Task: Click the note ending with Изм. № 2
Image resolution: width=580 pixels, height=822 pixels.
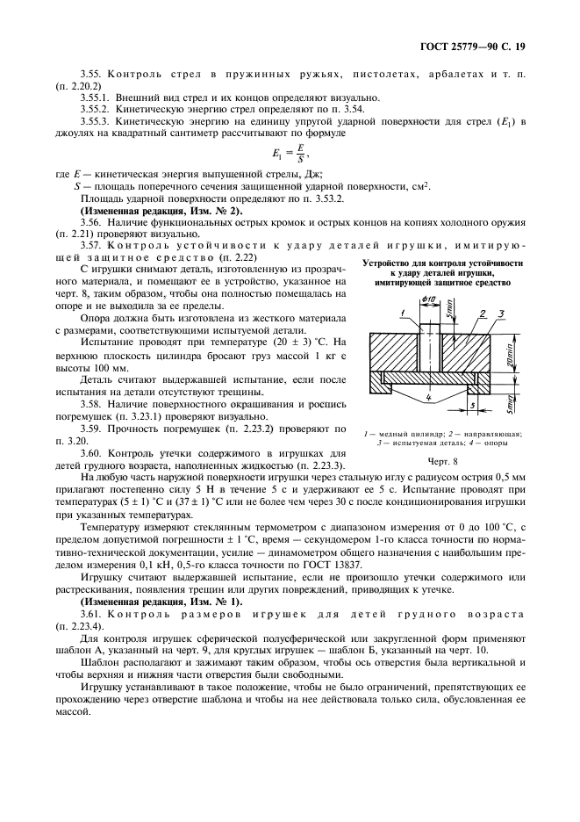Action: click(162, 212)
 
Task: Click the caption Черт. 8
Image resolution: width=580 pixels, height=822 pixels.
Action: click(443, 460)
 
